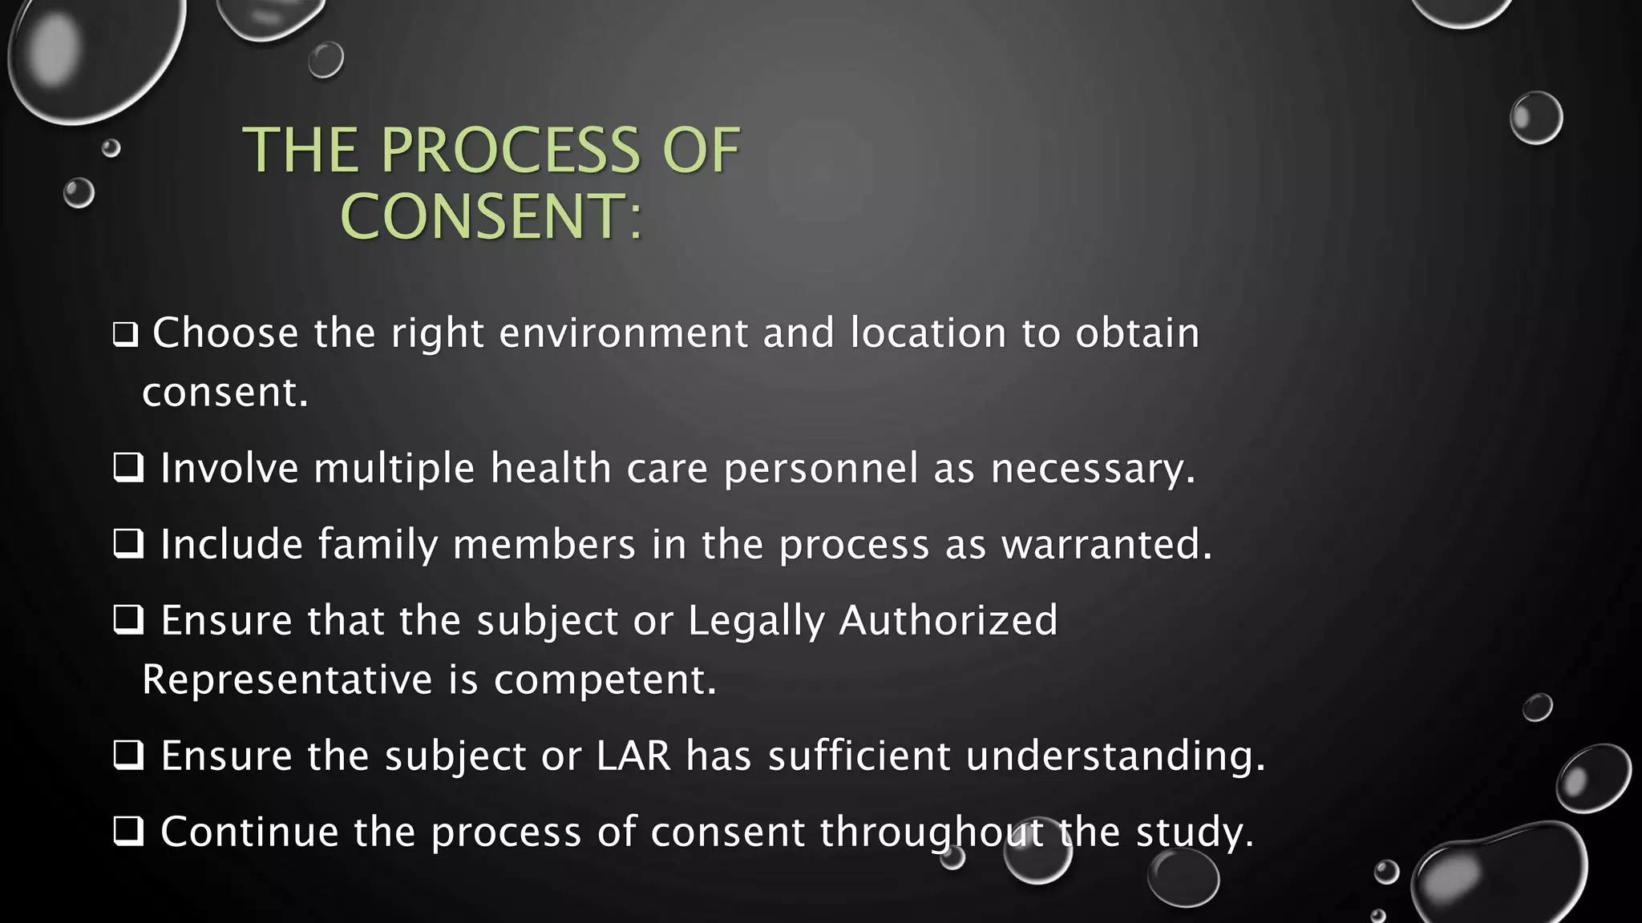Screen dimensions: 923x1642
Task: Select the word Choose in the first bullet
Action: pos(225,333)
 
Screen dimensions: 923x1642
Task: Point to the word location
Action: pos(928,333)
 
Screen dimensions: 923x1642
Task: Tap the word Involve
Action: pos(229,468)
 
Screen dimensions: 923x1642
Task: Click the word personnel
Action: pos(821,468)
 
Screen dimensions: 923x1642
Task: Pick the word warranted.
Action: pos(1106,545)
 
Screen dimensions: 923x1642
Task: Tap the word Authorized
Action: pos(948,621)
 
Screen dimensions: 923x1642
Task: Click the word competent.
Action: pos(605,679)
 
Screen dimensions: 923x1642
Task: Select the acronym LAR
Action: pos(633,756)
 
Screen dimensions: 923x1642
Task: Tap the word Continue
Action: pos(249,832)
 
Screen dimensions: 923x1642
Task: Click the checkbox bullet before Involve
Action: pos(128,468)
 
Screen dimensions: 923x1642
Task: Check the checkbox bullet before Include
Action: pos(128,545)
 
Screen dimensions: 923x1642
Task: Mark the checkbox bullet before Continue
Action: pos(128,832)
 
